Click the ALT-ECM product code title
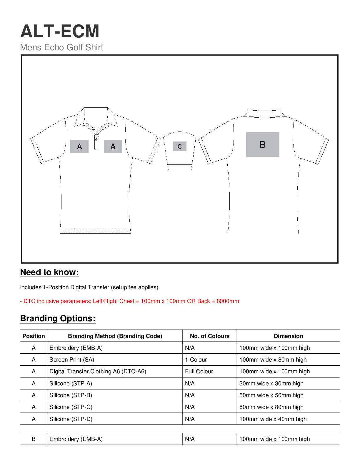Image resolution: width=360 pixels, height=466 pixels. (60, 31)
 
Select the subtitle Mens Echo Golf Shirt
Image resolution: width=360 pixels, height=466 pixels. (62, 47)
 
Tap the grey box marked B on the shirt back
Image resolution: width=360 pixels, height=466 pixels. (263, 144)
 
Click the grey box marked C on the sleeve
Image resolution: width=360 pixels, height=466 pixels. (179, 146)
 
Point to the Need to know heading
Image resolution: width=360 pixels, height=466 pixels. (49, 272)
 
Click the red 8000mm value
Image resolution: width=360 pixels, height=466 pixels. (228, 301)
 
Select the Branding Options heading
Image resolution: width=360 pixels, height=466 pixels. (58, 319)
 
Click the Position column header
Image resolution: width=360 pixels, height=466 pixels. (34, 336)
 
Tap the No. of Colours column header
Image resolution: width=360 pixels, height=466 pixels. (210, 336)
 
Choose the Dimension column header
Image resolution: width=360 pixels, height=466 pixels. (288, 336)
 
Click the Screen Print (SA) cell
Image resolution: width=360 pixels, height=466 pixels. (72, 360)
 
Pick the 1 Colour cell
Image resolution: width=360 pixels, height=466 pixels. (196, 360)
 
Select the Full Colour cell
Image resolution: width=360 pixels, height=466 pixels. (199, 371)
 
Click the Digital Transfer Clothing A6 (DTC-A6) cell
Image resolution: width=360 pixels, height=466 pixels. (98, 371)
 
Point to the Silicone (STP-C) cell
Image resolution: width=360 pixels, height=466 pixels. (71, 407)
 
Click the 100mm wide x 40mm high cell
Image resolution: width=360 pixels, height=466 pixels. (273, 419)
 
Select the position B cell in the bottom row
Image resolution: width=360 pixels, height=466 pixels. (34, 439)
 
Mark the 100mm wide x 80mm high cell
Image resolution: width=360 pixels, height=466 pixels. (273, 360)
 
